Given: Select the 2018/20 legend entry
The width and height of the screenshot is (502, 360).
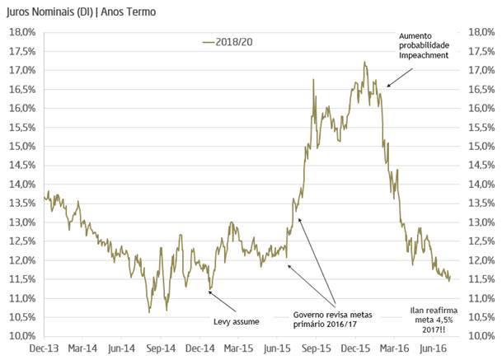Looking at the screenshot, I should click(227, 41).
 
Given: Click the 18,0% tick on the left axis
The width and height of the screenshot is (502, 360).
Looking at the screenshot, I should click(21, 32).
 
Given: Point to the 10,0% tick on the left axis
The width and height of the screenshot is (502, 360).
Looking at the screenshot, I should click(21, 336).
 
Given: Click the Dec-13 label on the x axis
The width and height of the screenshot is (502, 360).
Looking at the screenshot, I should click(44, 348).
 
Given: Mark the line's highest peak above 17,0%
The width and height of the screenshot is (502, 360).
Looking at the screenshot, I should click(364, 62).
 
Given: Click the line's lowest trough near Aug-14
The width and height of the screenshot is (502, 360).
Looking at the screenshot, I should click(148, 312).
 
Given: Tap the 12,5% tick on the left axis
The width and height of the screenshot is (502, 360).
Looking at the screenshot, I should click(21, 241).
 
